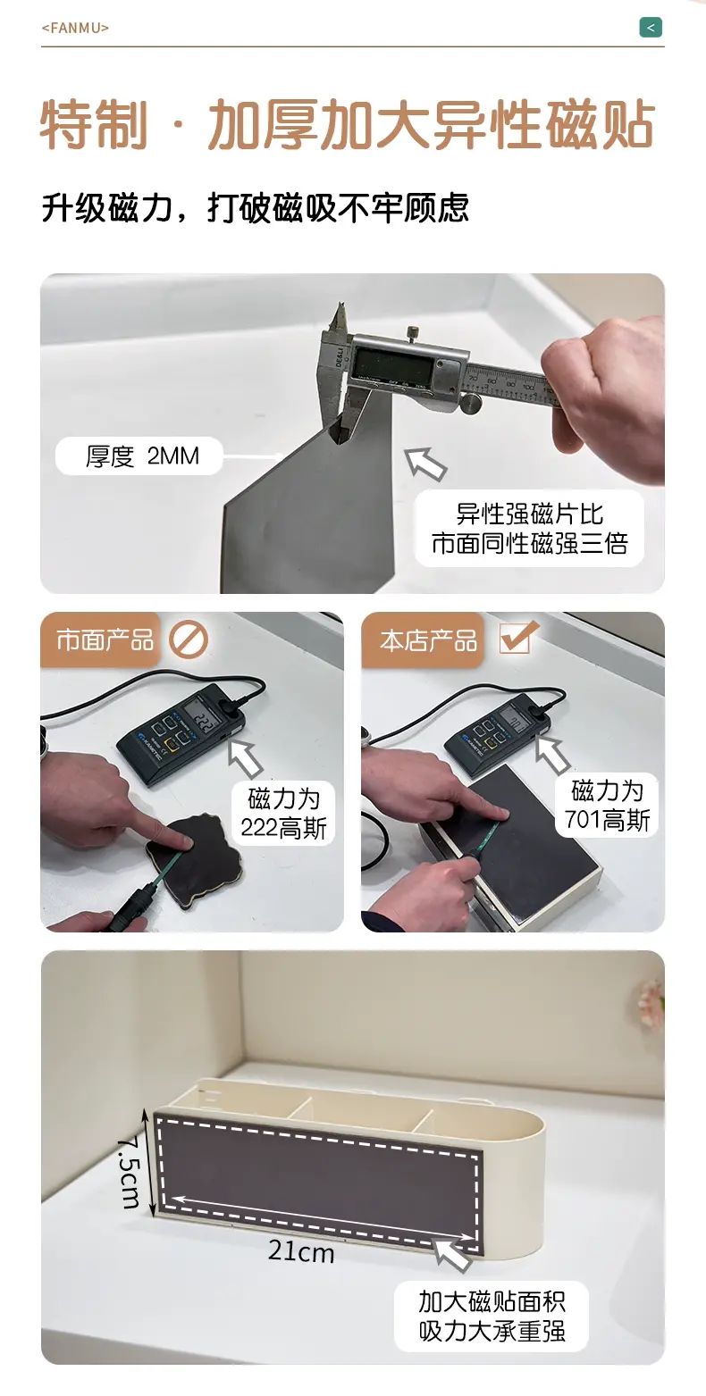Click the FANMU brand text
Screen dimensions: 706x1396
[x=75, y=28]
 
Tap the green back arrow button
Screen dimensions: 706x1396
[x=651, y=28]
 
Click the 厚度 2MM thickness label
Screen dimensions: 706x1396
[x=142, y=456]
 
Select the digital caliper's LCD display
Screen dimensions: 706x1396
[x=391, y=364]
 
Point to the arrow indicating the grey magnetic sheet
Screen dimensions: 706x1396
[x=426, y=464]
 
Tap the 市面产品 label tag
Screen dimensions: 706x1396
[x=105, y=640]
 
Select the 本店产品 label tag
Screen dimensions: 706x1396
[x=428, y=640]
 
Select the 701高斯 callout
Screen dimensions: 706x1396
[x=607, y=806]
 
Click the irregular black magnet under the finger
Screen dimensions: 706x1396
[x=193, y=860]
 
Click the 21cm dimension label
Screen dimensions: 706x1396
[x=301, y=1250]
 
